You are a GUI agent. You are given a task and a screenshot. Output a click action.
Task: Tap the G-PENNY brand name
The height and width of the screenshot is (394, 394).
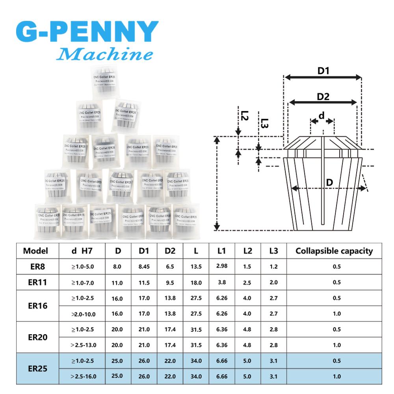click(87, 32)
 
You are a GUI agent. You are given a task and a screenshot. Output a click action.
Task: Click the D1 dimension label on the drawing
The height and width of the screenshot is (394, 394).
click(323, 71)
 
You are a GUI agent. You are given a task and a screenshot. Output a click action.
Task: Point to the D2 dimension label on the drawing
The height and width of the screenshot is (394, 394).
click(323, 97)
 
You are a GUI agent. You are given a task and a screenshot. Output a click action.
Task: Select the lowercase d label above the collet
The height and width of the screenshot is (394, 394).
click(322, 115)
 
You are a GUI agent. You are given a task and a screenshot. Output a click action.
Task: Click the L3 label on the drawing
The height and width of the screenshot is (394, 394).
click(264, 124)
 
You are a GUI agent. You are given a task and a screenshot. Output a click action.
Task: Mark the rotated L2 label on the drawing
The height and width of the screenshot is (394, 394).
click(244, 115)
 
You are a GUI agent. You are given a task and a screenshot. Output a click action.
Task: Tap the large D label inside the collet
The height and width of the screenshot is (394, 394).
click(330, 182)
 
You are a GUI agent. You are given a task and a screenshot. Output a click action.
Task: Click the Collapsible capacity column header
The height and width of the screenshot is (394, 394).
click(334, 251)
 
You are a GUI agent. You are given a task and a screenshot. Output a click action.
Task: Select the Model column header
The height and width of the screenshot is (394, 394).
click(35, 251)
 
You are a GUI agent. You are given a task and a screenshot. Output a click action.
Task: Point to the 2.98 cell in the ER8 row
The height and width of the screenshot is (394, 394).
click(222, 266)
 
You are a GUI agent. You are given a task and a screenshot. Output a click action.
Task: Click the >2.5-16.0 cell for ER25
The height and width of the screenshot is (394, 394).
click(84, 376)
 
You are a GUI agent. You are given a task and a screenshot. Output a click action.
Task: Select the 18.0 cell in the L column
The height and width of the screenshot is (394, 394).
click(196, 282)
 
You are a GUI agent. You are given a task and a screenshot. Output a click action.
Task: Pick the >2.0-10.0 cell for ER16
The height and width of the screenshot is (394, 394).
click(84, 314)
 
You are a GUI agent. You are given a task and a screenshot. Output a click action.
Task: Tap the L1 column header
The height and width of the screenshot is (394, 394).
click(222, 251)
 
